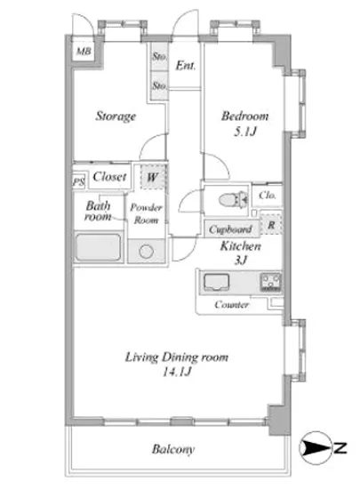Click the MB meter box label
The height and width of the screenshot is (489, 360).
(84, 51)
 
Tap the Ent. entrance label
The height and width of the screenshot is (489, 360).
(186, 66)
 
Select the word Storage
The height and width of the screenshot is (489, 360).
(116, 116)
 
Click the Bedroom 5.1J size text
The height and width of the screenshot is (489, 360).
(245, 132)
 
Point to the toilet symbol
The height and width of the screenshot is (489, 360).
(233, 199)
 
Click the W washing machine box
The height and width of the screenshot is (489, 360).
(152, 177)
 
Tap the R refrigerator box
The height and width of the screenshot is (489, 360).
(271, 224)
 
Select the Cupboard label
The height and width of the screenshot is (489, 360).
(230, 229)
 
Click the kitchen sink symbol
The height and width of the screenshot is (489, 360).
(216, 282)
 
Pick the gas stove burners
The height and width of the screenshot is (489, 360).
(270, 282)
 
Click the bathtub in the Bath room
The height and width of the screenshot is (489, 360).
(98, 247)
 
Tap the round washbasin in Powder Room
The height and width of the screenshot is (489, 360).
(146, 252)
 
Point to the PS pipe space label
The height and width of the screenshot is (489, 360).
(79, 181)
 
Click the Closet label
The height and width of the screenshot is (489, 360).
(109, 177)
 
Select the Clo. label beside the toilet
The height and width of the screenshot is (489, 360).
(268, 196)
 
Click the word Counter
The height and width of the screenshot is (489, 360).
(231, 304)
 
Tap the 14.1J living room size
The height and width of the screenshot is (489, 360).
(177, 372)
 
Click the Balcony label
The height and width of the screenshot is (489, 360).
(173, 449)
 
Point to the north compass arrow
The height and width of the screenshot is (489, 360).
(316, 448)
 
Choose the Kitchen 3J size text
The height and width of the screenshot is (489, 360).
(241, 260)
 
